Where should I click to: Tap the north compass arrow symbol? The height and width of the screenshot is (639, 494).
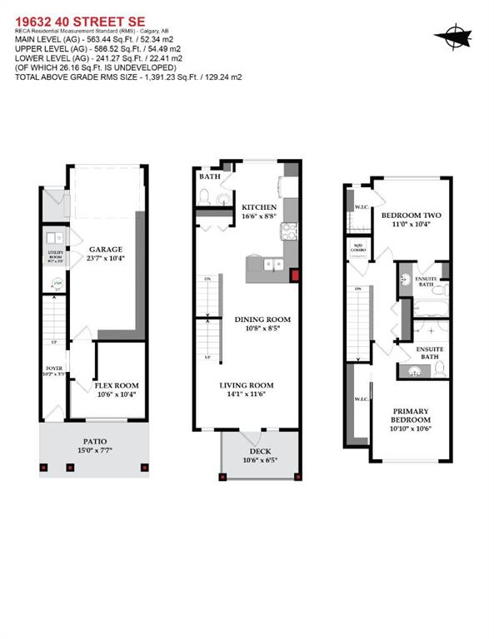pos(453,35)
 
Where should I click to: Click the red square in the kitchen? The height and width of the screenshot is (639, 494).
pos(293,275)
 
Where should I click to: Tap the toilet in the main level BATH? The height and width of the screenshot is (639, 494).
pos(204,197)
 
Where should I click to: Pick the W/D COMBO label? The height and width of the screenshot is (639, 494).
pos(360,247)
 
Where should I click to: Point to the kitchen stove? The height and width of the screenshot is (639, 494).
pos(288,234)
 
